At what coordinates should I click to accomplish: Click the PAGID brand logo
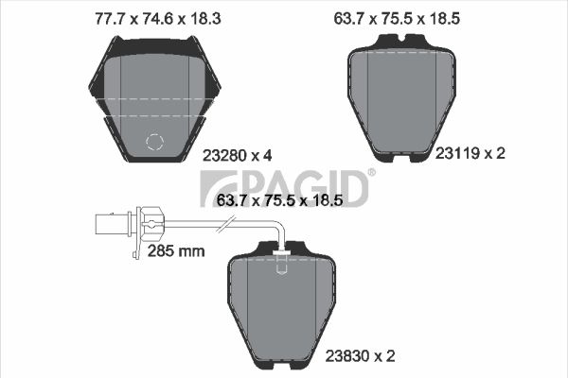[284, 187]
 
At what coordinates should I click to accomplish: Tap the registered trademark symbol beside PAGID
[370, 172]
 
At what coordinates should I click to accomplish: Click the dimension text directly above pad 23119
[412, 16]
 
